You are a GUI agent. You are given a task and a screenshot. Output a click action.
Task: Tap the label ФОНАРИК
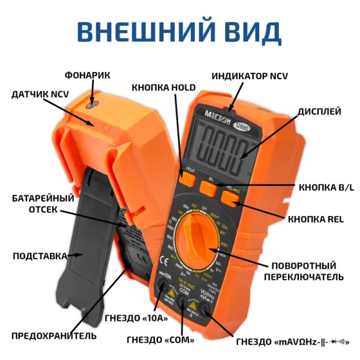pyautogui.click(x=88, y=75)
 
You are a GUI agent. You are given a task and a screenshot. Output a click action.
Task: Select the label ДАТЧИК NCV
pyautogui.click(x=40, y=95)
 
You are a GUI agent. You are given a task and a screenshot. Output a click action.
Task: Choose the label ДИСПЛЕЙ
pyautogui.click(x=320, y=111)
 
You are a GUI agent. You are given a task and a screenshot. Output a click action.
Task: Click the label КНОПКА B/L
pyautogui.click(x=326, y=187)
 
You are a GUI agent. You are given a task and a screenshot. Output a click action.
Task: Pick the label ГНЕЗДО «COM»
pyautogui.click(x=160, y=340)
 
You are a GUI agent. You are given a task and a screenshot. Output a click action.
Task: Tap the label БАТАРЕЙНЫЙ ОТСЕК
pyautogui.click(x=43, y=203)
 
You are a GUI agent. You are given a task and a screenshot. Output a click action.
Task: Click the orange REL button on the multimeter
pyautogui.click(x=231, y=197)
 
